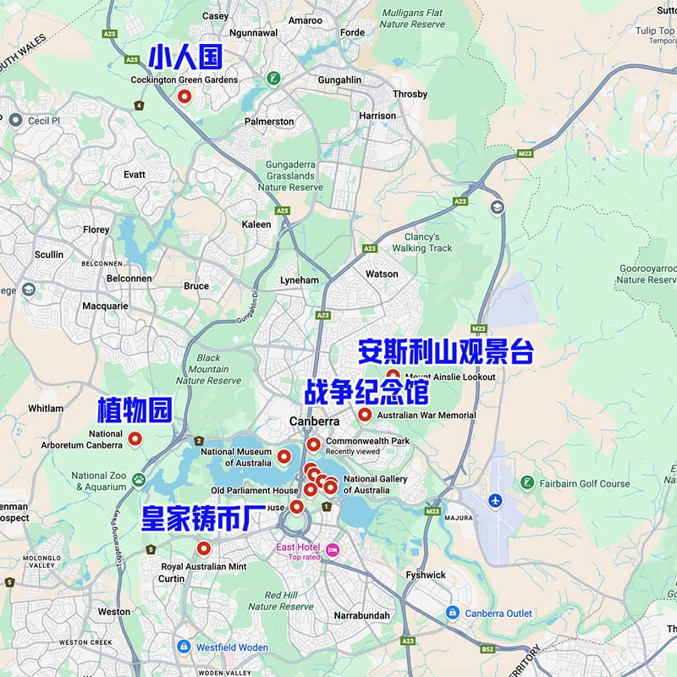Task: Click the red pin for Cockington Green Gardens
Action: [x=184, y=96]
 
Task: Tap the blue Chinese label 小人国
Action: [x=185, y=58]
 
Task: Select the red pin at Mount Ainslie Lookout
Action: [x=394, y=377]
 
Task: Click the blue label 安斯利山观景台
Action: [x=445, y=351]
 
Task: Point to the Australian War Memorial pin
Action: [x=365, y=415]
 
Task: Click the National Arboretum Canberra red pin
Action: [x=135, y=439]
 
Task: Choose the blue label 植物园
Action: [x=135, y=410]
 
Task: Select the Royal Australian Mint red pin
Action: [x=203, y=548]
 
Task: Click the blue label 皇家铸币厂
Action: [x=197, y=518]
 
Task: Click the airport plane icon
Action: [x=495, y=500]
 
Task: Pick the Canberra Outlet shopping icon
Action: [x=453, y=613]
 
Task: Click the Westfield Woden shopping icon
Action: [x=184, y=647]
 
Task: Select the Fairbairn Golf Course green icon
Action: [x=527, y=483]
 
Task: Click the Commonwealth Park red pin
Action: [x=313, y=444]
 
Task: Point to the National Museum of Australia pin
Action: [x=283, y=457]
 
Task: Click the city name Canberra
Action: [x=314, y=421]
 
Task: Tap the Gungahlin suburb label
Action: [x=339, y=80]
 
